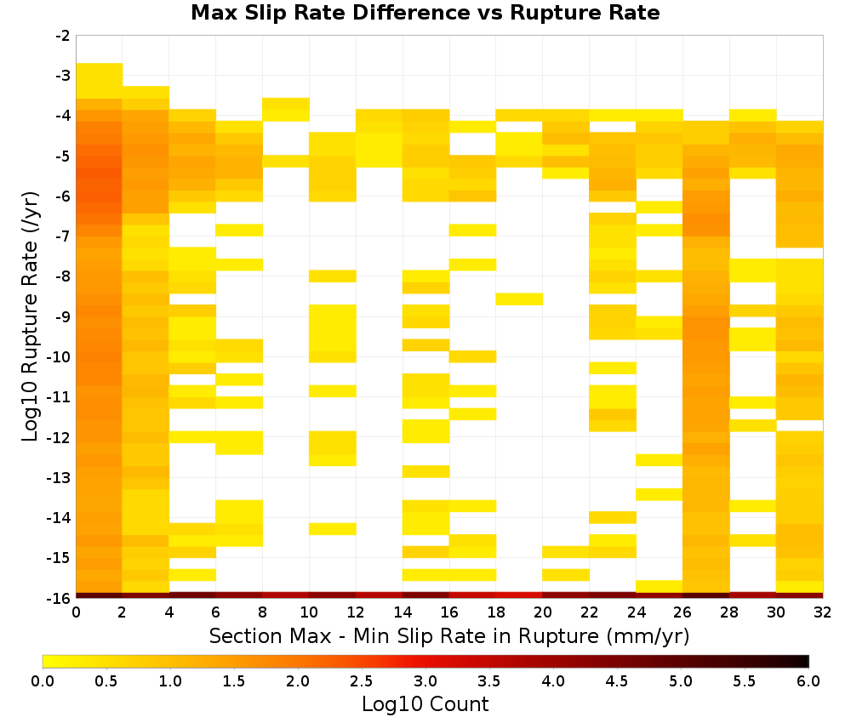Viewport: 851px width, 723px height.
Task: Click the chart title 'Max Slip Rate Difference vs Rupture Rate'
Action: (x=425, y=13)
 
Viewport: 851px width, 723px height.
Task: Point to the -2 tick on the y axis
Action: (x=63, y=36)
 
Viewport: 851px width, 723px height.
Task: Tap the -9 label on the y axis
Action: (x=63, y=316)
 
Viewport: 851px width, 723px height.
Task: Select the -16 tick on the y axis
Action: (x=60, y=598)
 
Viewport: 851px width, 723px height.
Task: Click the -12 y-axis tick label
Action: (x=60, y=437)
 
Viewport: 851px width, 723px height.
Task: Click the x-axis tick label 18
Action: (x=495, y=612)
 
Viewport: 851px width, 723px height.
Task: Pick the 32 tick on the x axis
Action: (x=822, y=612)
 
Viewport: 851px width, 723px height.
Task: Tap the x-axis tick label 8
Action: (x=263, y=612)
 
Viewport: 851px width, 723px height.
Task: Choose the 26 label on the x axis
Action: (x=683, y=612)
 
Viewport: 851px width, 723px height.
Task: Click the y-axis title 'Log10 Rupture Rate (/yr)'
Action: (x=30, y=316)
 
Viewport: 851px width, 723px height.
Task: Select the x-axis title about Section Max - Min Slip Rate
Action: (x=448, y=635)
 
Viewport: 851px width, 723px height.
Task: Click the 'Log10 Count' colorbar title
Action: (x=425, y=704)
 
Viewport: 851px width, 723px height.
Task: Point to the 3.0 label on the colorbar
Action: (x=425, y=680)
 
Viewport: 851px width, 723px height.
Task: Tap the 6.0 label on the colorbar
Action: (x=808, y=680)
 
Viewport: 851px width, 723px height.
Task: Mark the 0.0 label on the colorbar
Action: (x=43, y=680)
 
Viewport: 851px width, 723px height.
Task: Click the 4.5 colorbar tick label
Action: (x=616, y=680)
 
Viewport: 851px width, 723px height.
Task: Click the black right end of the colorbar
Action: (x=807, y=661)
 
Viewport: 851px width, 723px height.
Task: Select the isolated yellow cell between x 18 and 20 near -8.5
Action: (x=519, y=299)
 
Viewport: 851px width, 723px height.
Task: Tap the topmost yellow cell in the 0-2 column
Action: (x=100, y=81)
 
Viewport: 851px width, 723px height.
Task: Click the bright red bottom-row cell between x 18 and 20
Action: (x=519, y=595)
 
